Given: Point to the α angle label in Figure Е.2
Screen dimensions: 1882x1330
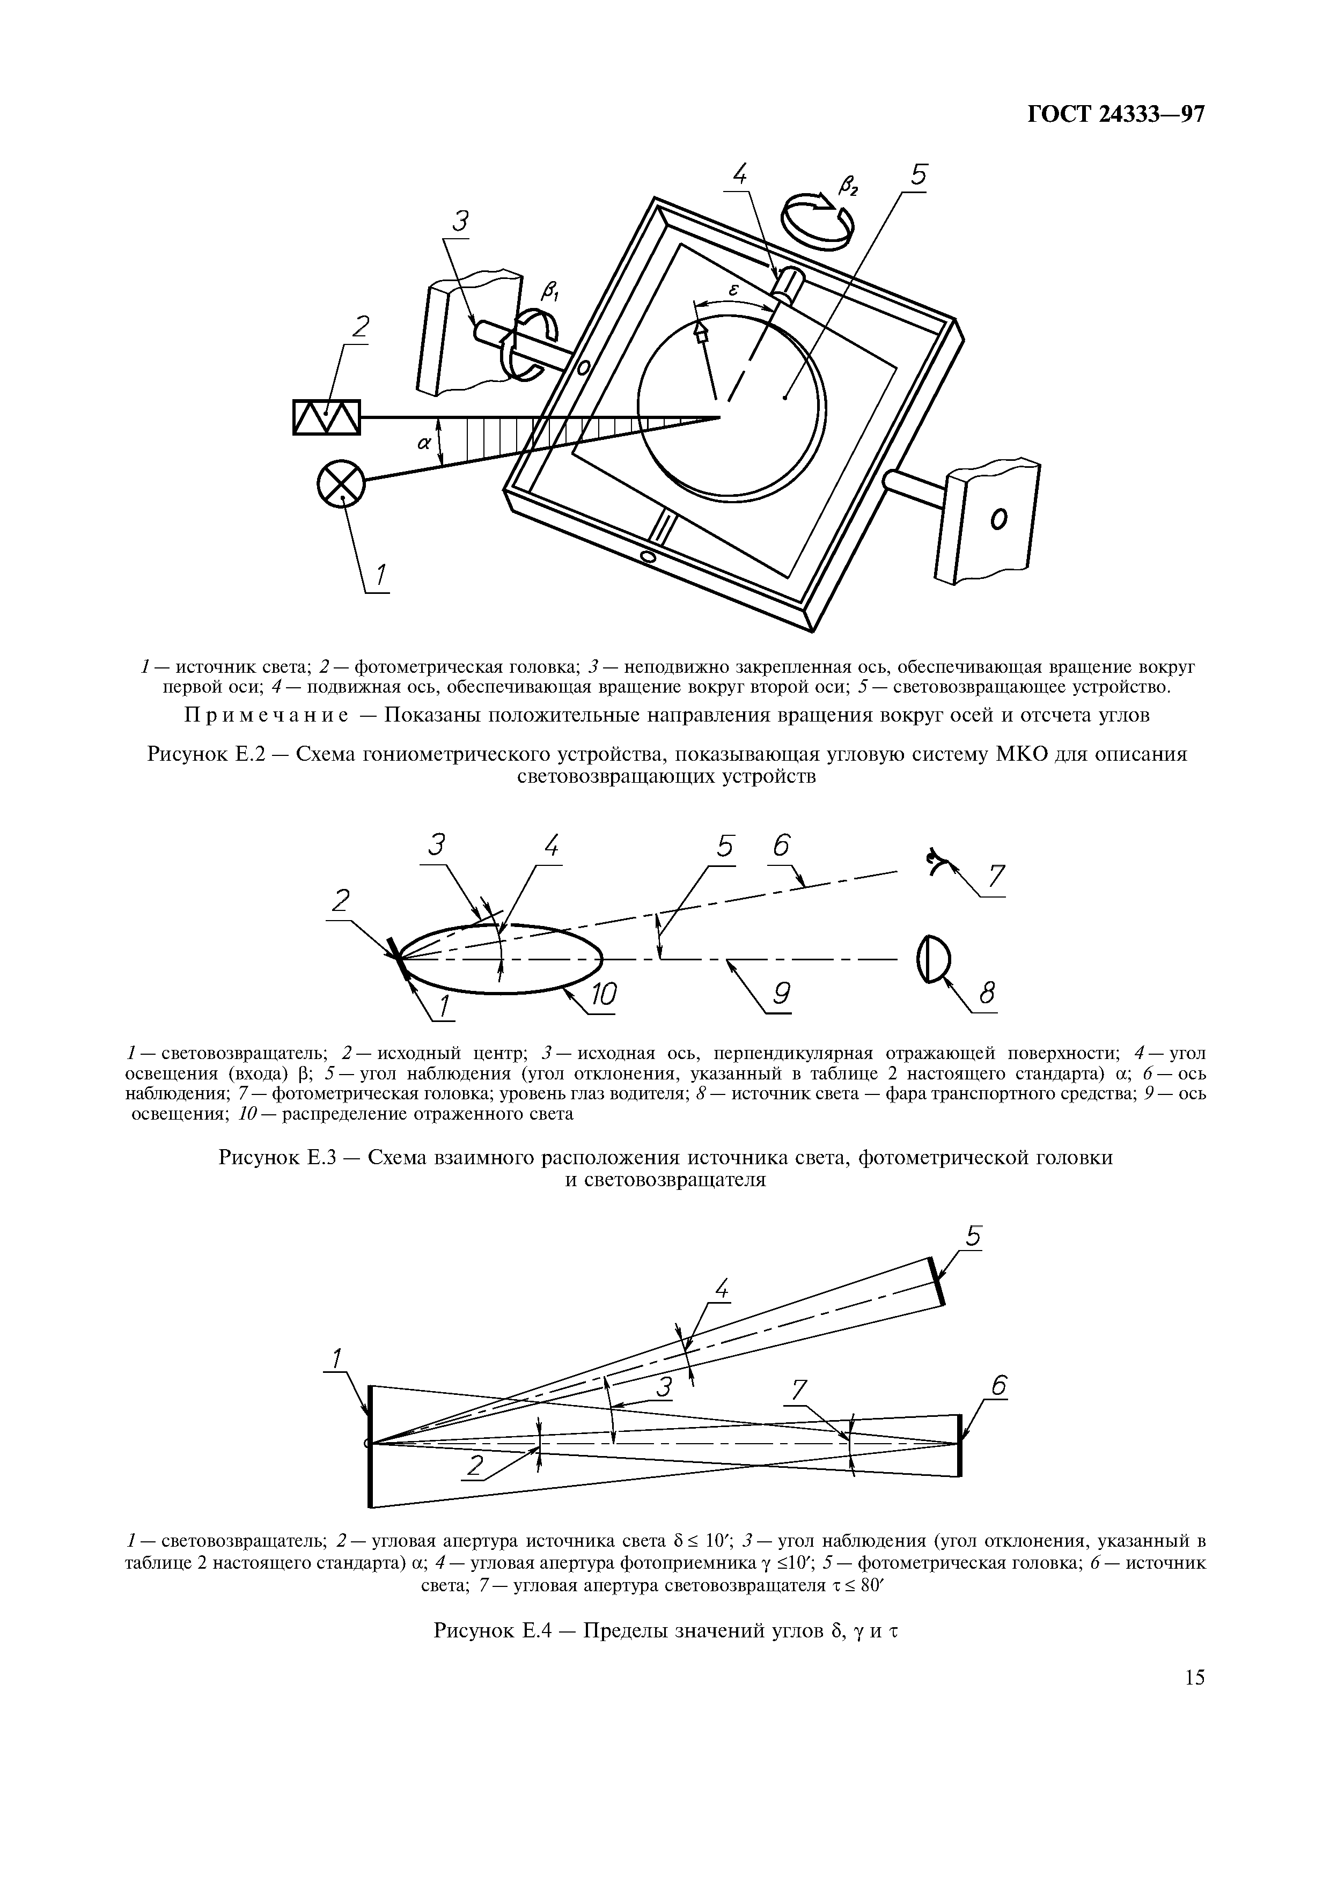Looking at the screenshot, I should (x=424, y=444).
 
